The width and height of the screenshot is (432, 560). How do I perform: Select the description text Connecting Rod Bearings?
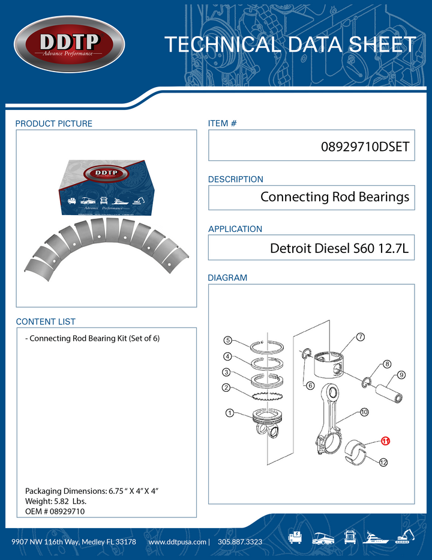point(335,197)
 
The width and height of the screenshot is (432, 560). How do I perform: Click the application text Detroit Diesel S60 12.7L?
point(339,248)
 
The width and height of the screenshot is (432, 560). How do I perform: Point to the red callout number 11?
point(386,441)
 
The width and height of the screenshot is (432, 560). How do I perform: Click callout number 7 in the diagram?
point(360,336)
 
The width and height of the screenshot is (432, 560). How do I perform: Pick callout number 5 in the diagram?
point(228,341)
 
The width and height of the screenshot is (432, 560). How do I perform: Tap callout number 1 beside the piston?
point(229,413)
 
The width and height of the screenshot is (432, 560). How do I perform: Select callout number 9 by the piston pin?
point(401,375)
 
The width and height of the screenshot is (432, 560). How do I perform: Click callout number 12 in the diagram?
point(383,462)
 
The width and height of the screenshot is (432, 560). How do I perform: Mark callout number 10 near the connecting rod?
point(364,412)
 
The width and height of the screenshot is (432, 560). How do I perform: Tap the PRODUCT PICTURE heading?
point(54,124)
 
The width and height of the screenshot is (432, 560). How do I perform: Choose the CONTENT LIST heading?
point(46,322)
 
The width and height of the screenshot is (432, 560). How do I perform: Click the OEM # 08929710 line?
point(55,511)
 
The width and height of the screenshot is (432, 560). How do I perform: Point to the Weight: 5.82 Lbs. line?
point(59,501)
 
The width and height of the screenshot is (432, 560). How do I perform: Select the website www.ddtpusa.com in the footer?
point(177,542)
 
